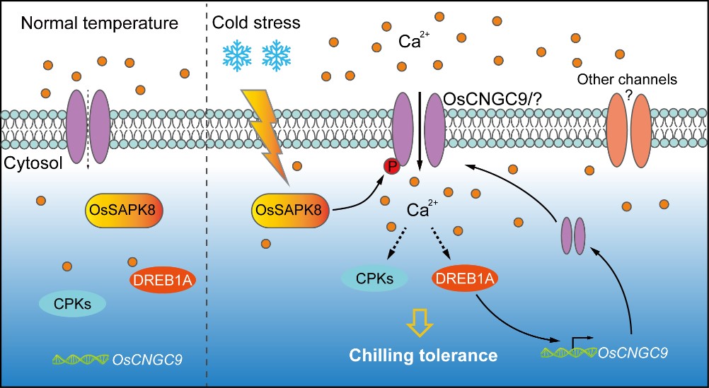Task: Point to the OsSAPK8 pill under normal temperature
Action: (x=123, y=209)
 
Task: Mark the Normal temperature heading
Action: (x=99, y=24)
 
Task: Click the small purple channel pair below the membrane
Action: (x=573, y=235)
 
